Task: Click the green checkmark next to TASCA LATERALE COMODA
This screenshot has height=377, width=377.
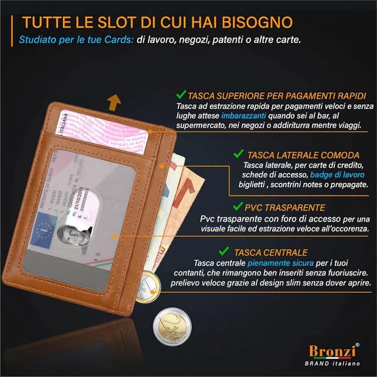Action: [x=238, y=153]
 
